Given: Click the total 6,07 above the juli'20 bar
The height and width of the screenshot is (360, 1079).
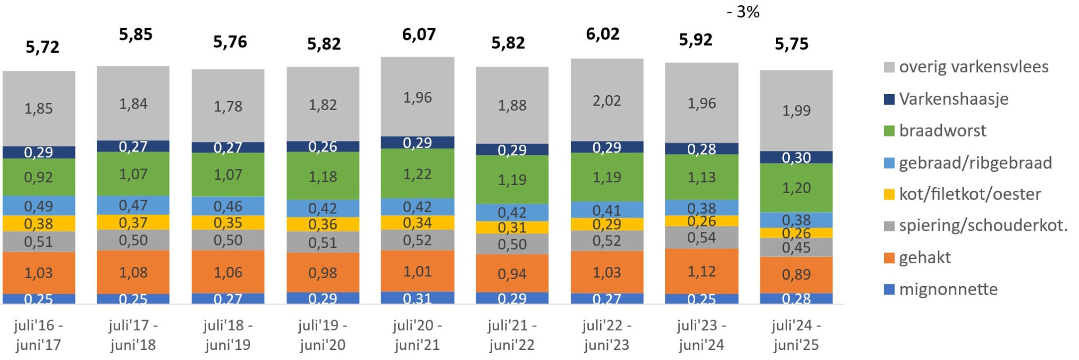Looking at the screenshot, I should (418, 35).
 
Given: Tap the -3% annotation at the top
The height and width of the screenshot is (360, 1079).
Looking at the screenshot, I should (743, 11).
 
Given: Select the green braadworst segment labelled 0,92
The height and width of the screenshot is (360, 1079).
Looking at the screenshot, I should (38, 177).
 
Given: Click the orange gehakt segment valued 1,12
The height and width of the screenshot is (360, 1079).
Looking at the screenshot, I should (701, 272).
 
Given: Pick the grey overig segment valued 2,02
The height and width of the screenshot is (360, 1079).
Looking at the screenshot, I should (606, 101).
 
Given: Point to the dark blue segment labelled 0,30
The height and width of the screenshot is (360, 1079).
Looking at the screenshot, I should (796, 157).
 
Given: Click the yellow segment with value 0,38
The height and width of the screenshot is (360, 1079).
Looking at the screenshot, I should (38, 224).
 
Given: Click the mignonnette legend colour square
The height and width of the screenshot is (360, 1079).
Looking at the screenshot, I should (889, 290).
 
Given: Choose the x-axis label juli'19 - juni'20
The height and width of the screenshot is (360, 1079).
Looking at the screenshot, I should (323, 335).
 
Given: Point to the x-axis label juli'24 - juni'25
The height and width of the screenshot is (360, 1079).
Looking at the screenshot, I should (796, 335).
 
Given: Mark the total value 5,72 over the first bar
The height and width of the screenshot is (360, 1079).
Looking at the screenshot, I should (43, 47).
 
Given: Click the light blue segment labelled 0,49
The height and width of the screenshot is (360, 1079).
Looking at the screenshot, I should (38, 206).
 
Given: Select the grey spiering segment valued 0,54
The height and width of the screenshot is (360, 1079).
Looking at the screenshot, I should (701, 238).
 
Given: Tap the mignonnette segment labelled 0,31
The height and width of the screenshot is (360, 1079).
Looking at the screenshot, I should (417, 298).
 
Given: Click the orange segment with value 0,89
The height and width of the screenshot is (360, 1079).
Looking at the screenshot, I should (796, 274).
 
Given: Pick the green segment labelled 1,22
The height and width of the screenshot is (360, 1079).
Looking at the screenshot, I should (417, 174).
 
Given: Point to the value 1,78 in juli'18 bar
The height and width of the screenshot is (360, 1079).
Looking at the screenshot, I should (227, 106).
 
